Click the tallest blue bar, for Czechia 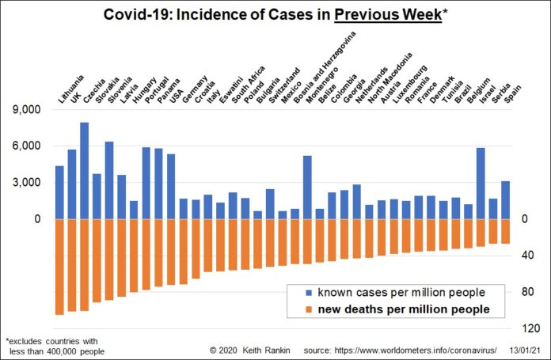84,171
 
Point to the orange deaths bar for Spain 505,231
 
